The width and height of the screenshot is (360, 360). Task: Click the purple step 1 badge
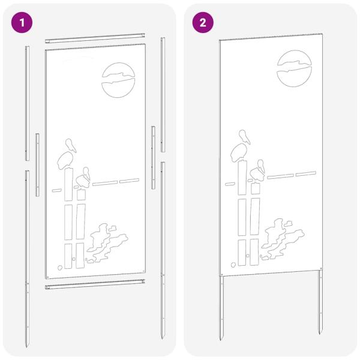[x=22, y=23]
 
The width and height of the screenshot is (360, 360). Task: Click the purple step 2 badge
[x=202, y=23]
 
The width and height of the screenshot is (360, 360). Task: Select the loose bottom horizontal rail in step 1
[x=96, y=286]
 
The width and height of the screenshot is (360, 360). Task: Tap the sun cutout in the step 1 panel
[x=119, y=80]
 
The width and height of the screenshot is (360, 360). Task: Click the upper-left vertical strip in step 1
[x=27, y=102]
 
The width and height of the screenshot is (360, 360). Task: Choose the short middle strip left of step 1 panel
[x=37, y=165]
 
